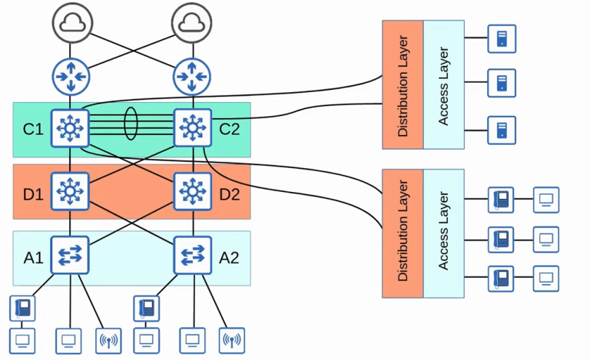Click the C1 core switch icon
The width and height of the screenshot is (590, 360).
click(x=71, y=127)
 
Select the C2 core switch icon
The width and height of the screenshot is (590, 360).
click(x=193, y=127)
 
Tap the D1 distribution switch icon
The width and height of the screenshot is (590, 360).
click(x=71, y=190)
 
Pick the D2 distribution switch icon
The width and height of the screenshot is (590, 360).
click(x=193, y=190)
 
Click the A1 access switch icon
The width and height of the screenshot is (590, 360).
click(x=71, y=254)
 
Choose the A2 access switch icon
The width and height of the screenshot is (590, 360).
click(x=193, y=254)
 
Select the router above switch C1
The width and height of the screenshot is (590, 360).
click(x=71, y=76)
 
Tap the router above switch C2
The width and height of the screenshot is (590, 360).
click(x=192, y=76)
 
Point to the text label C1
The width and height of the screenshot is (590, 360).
click(x=33, y=128)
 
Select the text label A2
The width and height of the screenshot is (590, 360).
click(x=229, y=256)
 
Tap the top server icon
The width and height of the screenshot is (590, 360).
click(x=502, y=38)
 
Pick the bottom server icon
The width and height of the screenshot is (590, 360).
click(x=502, y=130)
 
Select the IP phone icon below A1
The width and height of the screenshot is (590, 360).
click(x=22, y=308)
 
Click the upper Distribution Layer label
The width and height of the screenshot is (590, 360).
click(x=403, y=85)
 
